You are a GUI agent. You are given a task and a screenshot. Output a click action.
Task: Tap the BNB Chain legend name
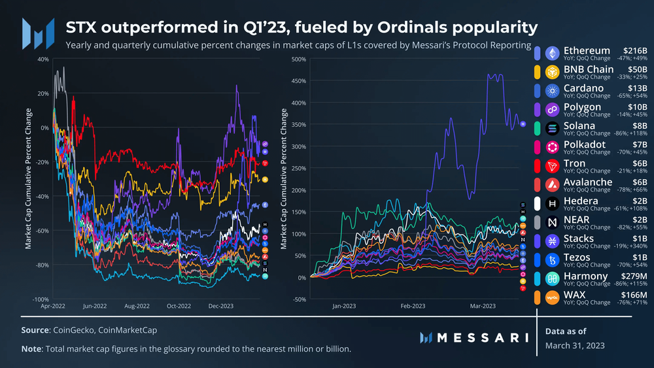point(589,69)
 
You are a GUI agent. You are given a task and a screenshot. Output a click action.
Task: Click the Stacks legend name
point(579,239)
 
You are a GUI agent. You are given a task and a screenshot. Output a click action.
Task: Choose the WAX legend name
point(576,295)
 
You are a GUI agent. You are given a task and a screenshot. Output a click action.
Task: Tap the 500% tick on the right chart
point(298,59)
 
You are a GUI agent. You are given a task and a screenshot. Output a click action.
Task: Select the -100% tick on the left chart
point(40,299)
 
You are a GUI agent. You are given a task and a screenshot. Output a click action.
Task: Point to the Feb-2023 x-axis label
point(413,306)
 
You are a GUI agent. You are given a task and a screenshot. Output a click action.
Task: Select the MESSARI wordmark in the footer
point(473,338)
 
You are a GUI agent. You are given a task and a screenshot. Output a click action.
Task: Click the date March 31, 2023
point(575,345)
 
